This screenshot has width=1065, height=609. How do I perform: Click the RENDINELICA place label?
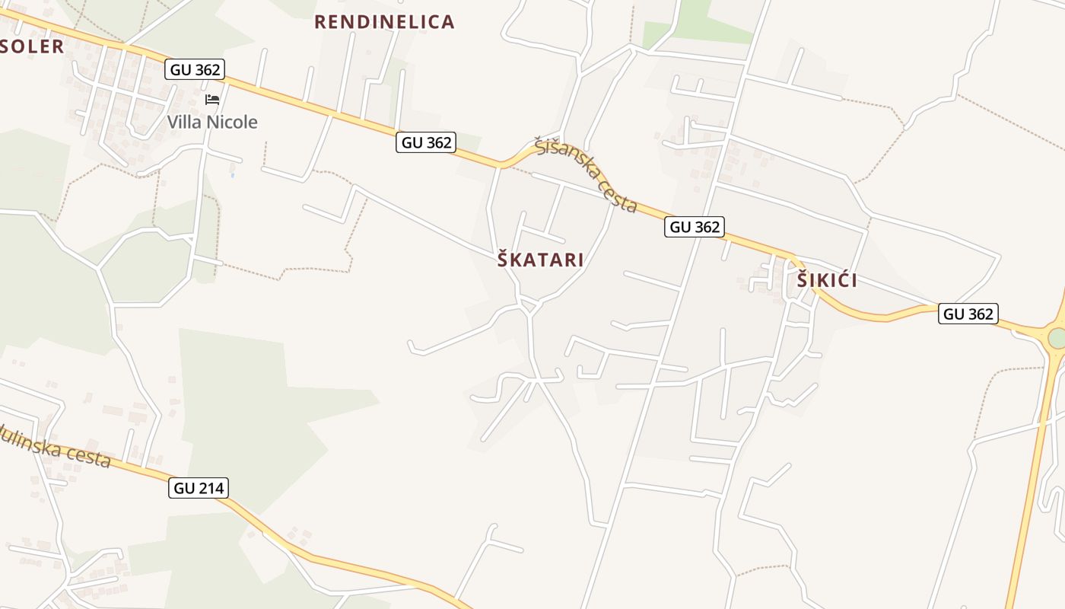click(384, 22)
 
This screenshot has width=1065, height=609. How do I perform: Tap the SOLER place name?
click(32, 46)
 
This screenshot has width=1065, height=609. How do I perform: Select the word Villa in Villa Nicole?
click(185, 122)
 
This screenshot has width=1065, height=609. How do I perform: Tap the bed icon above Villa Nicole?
click(212, 100)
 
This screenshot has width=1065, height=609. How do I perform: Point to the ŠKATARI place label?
click(541, 260)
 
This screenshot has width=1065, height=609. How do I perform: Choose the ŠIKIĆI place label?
click(827, 280)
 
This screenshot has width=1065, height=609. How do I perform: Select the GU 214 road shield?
click(199, 488)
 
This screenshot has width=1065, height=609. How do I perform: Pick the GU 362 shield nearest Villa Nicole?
click(196, 69)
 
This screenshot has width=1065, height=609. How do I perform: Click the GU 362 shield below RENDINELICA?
click(426, 142)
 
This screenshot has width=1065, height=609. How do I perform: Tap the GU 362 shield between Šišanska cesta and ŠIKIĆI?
click(694, 227)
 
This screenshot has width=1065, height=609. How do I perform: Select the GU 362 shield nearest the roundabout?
click(968, 313)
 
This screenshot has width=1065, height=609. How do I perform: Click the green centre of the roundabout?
click(1057, 339)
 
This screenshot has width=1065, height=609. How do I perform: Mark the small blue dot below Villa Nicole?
click(232, 176)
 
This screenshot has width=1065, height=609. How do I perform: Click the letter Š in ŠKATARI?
click(504, 259)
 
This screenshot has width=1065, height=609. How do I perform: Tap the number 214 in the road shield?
click(211, 488)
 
